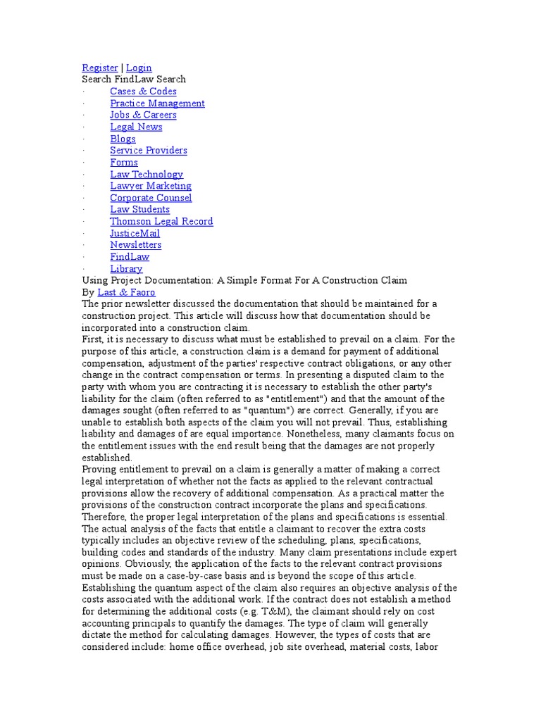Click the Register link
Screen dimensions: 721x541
(100, 68)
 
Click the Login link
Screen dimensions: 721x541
(139, 68)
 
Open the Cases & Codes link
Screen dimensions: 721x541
(143, 92)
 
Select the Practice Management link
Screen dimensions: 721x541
(157, 104)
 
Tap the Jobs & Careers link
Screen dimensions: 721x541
(143, 115)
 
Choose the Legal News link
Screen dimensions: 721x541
(136, 127)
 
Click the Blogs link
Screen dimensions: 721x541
(123, 139)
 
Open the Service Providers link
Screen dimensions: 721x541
(149, 151)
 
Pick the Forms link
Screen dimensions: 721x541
(124, 163)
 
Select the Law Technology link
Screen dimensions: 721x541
(147, 174)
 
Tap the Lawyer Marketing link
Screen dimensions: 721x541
(151, 186)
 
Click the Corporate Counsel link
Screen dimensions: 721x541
(151, 198)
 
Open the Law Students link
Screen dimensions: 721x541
(139, 209)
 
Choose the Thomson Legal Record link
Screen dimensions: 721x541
(161, 221)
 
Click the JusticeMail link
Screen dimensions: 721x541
(135, 233)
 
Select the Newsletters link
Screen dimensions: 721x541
(135, 245)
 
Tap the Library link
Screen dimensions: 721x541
(126, 269)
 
